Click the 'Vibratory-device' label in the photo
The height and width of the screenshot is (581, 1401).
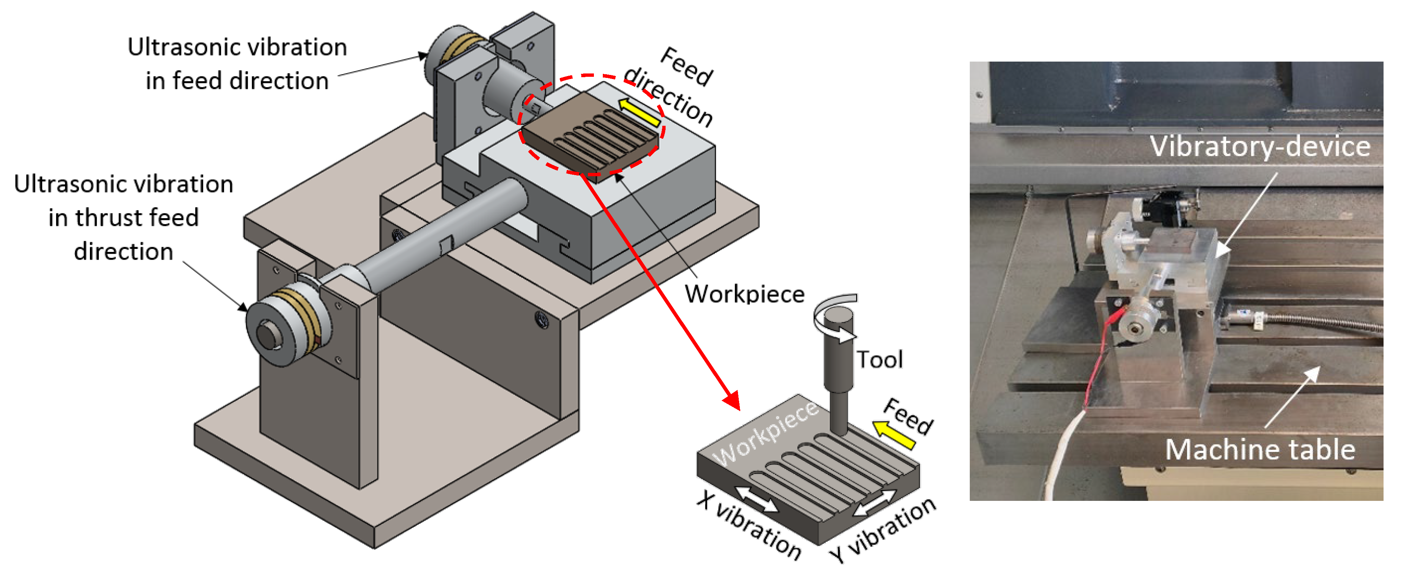(x=1259, y=147)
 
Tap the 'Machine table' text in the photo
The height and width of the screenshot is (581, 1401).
(x=1259, y=450)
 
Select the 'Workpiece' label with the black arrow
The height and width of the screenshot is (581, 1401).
(x=744, y=294)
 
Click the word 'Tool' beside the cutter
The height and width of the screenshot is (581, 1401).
(x=880, y=360)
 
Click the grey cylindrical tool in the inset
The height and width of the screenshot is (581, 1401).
(x=838, y=370)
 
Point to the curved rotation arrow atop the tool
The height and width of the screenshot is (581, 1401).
(x=835, y=315)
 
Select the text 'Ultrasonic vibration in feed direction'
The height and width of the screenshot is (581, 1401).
(x=237, y=63)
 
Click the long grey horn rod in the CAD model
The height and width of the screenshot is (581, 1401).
(x=435, y=239)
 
